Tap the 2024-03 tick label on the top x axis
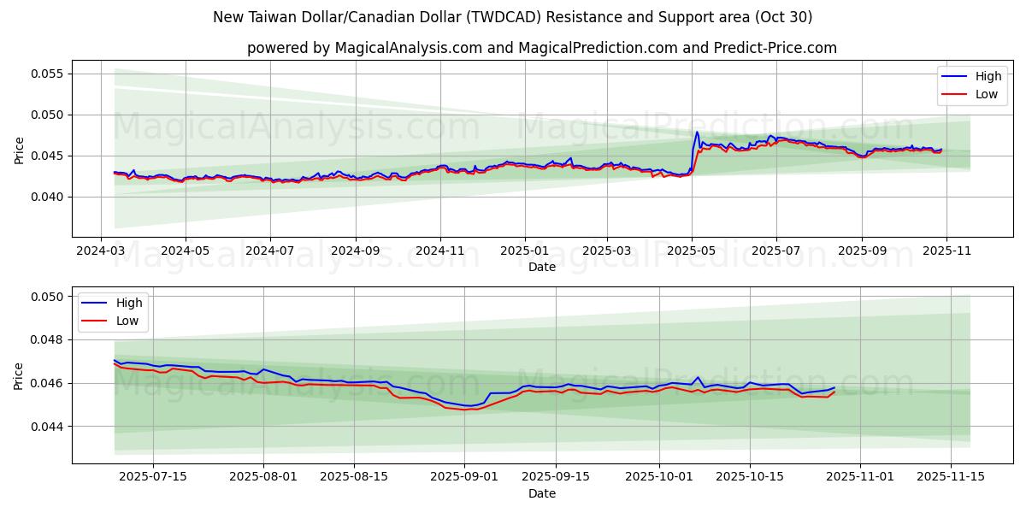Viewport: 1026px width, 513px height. coord(102,251)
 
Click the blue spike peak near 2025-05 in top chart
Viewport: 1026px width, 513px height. coord(697,132)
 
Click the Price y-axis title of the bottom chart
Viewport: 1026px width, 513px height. coord(19,375)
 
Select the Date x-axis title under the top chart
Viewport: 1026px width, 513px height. coord(541,267)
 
